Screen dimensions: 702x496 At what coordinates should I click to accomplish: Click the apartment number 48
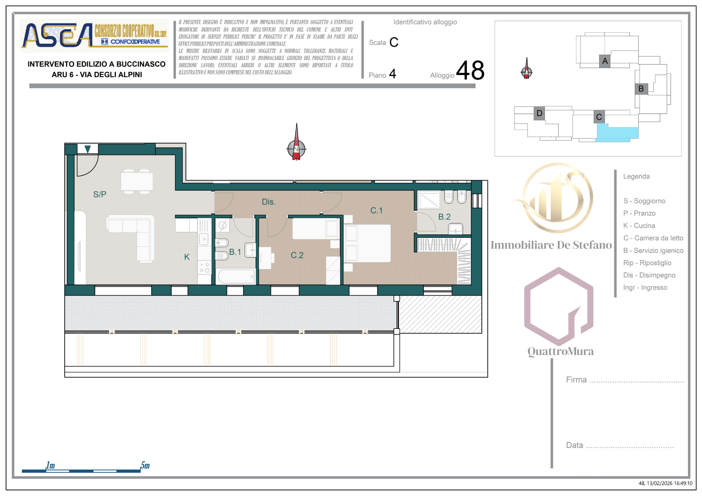[470, 70]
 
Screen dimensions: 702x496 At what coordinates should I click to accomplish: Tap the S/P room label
[100, 194]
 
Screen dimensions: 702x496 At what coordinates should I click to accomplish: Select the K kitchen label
[187, 257]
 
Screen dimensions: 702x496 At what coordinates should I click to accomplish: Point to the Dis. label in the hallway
[269, 202]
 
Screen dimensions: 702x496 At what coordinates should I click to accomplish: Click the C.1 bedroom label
[376, 210]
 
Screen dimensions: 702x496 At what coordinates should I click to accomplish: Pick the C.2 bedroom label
[297, 255]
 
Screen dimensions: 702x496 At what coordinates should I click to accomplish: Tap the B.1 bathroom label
[235, 252]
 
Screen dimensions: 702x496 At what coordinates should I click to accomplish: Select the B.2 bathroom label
[444, 217]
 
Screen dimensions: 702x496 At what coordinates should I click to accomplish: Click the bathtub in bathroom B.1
[236, 276]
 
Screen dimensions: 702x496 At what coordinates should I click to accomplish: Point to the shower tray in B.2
[429, 200]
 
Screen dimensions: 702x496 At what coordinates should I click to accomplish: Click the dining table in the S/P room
[137, 181]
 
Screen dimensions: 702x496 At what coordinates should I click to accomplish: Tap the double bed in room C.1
[368, 243]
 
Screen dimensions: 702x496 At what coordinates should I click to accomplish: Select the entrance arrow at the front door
[88, 149]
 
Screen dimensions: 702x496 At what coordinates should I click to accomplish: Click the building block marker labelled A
[605, 61]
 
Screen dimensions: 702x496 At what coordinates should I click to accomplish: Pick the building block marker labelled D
[539, 113]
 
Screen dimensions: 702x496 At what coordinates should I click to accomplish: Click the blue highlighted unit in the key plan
[617, 134]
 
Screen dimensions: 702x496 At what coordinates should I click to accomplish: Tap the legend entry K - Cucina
[639, 226]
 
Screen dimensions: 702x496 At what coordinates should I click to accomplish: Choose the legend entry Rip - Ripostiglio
[647, 263]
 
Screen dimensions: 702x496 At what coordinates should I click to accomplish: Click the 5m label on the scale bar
[145, 465]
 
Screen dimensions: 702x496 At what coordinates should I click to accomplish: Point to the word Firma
[576, 380]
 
